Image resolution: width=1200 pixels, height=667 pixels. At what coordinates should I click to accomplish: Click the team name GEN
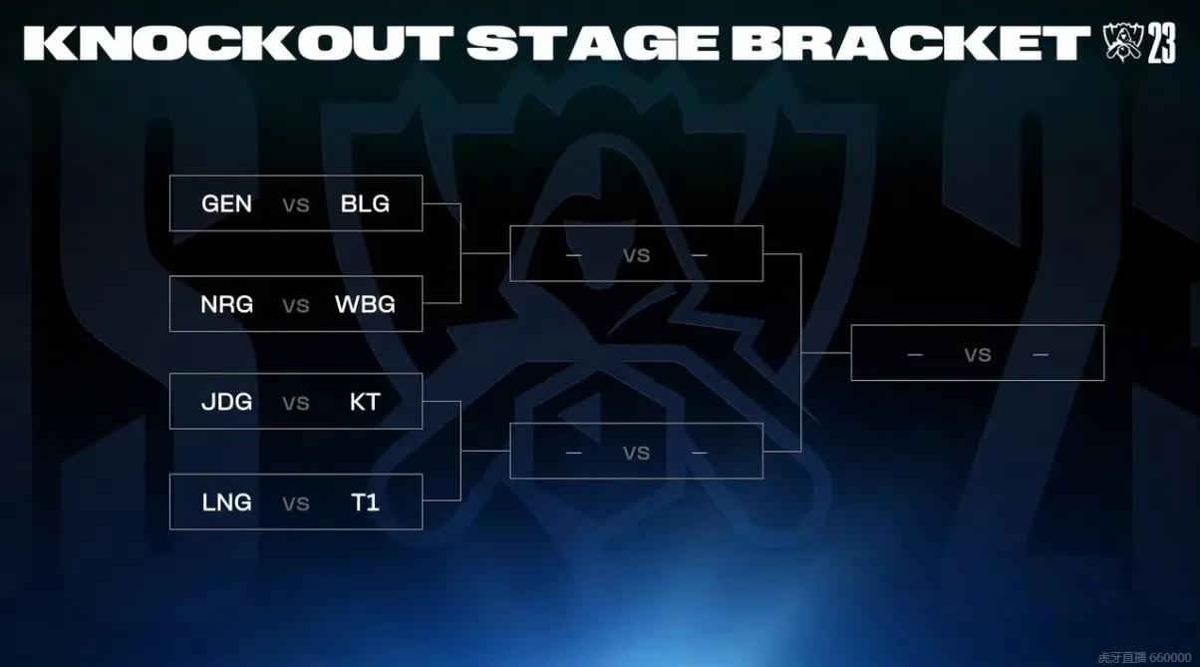(226, 204)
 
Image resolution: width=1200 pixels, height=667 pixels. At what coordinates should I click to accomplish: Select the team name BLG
(365, 204)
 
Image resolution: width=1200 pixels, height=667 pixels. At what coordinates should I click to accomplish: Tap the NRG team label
(226, 304)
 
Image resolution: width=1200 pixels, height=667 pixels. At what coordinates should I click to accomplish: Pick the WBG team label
(365, 304)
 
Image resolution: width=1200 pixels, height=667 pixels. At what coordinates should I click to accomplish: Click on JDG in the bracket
(226, 402)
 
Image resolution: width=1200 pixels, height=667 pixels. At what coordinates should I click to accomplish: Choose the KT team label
(365, 402)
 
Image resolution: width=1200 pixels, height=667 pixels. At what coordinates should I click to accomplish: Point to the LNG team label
(226, 502)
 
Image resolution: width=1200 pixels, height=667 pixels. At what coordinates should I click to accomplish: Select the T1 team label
(365, 502)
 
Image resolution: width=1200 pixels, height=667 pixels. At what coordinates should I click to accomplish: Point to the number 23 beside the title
(1161, 45)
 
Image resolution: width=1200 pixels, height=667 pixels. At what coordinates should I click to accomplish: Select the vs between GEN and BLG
(296, 205)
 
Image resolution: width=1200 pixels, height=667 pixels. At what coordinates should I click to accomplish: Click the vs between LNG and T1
(296, 503)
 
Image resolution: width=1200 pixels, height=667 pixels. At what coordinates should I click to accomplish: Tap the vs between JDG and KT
(296, 403)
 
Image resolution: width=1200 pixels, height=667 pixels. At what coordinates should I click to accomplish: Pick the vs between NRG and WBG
(296, 305)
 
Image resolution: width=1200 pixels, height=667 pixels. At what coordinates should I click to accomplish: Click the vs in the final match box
(977, 354)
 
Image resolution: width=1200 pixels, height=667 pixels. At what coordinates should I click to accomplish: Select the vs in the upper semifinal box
(636, 255)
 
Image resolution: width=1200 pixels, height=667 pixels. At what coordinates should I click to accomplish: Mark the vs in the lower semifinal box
(636, 453)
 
